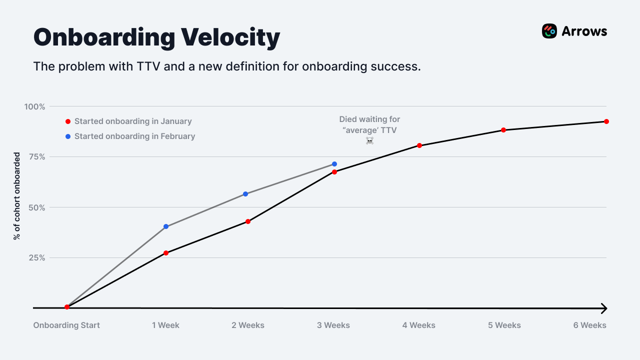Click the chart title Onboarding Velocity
click(x=156, y=37)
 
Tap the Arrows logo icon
click(x=549, y=31)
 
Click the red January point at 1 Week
click(x=166, y=253)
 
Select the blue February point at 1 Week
click(x=166, y=226)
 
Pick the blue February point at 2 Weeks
click(x=245, y=194)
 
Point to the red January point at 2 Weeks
click(x=248, y=221)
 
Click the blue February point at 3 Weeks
click(x=334, y=164)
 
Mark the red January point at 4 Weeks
click(x=419, y=145)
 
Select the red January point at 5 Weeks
click(x=503, y=130)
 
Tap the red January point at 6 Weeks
click(x=606, y=121)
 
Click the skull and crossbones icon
click(x=369, y=141)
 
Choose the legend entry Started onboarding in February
click(x=134, y=136)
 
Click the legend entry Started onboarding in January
click(x=133, y=121)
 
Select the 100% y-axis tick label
click(x=34, y=106)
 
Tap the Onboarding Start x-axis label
click(x=66, y=325)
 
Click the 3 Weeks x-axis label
click(x=333, y=325)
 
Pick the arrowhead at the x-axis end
click(x=603, y=308)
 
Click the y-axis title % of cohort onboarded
click(x=16, y=196)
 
